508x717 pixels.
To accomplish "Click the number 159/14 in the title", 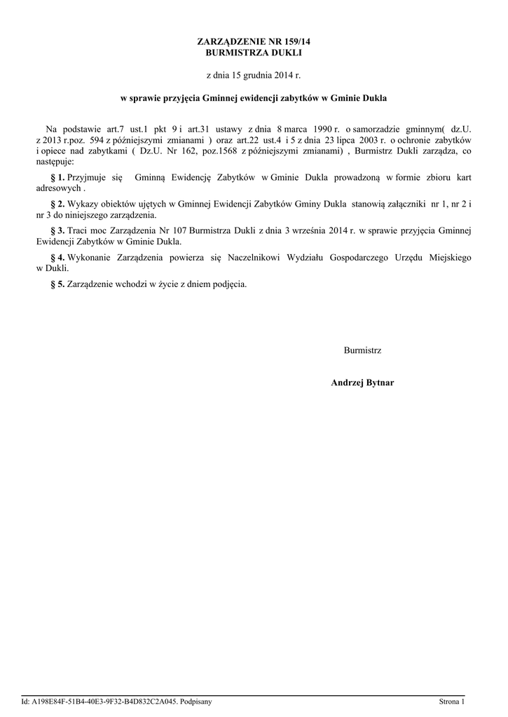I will click(x=295, y=43).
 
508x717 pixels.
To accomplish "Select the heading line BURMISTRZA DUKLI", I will click(x=254, y=53).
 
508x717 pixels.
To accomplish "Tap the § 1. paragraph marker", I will click(x=58, y=178).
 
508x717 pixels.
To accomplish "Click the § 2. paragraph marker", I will click(x=58, y=204).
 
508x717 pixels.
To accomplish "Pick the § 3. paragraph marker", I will click(x=58, y=230).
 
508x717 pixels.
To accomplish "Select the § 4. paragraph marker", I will click(x=58, y=258).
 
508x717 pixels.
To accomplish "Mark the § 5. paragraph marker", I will click(x=58, y=284).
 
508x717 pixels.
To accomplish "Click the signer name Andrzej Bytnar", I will click(x=362, y=382).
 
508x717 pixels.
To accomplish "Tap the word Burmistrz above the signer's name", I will click(x=362, y=349).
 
